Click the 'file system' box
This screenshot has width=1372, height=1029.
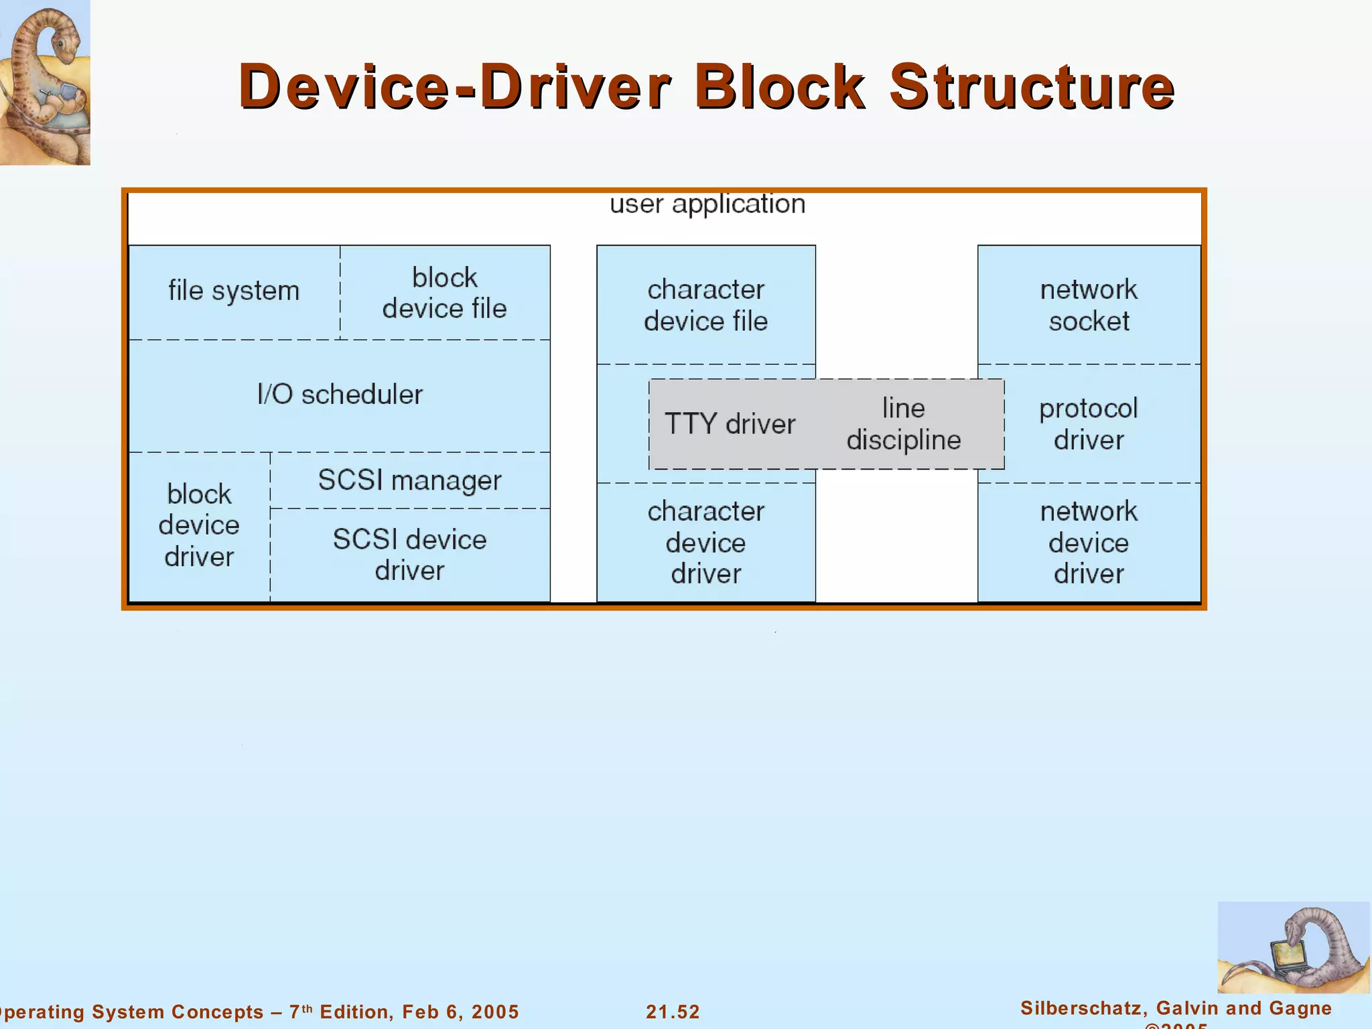(234, 291)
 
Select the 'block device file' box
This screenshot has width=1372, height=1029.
(444, 293)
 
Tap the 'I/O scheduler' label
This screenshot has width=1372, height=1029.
(340, 395)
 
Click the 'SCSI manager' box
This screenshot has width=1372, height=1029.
(409, 480)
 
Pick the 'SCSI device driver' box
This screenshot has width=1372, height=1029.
(409, 555)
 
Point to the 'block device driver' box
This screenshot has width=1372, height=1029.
(199, 526)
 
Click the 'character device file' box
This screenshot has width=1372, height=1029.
(705, 305)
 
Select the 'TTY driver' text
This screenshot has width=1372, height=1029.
(730, 424)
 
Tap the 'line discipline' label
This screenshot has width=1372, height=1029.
(903, 424)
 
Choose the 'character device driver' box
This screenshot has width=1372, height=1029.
(705, 542)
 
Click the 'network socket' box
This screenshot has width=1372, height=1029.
(1089, 305)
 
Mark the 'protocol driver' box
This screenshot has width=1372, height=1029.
(1089, 424)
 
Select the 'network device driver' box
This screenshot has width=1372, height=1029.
(1089, 542)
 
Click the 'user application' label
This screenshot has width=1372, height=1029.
(707, 204)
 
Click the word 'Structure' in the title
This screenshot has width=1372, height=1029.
(1032, 87)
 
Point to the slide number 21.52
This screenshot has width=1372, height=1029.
(673, 1012)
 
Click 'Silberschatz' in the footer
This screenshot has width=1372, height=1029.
(1085, 1008)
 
